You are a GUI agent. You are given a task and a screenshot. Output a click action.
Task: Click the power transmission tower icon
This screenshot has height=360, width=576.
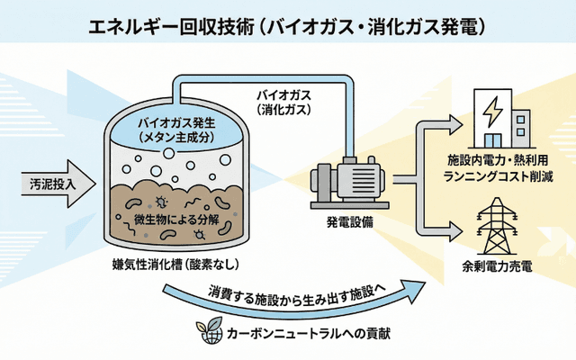point(495,226)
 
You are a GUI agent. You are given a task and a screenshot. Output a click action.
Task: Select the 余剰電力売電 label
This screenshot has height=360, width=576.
point(496,266)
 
